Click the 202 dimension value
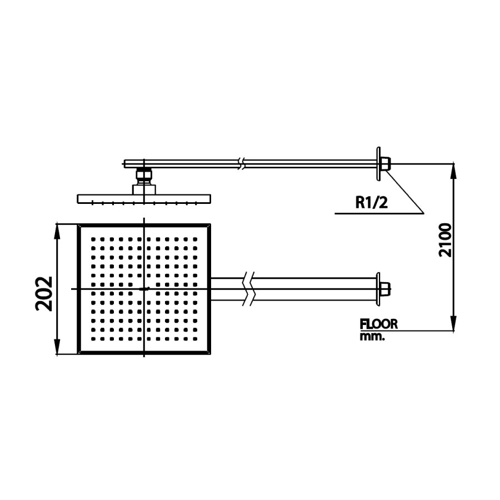click(x=44, y=293)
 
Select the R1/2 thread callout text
click(x=371, y=202)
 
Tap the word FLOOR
click(x=379, y=324)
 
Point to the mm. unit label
click(x=372, y=336)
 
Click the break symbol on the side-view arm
click(x=241, y=163)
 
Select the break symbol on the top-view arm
click(x=250, y=289)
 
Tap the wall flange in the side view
click(x=378, y=163)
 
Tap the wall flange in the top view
click(x=378, y=289)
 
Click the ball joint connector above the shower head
click(x=144, y=177)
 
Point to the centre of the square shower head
click(x=144, y=289)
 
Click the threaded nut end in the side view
click(x=386, y=164)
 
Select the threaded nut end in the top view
click(x=386, y=289)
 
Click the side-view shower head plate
click(x=144, y=198)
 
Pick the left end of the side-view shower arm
click(x=124, y=163)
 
